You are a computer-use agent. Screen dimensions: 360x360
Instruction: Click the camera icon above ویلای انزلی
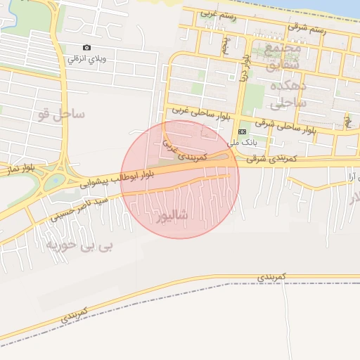tap(86, 48)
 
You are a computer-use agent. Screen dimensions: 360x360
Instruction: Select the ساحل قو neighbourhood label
tap(63, 112)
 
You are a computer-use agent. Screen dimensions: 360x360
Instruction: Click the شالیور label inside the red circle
tap(169, 214)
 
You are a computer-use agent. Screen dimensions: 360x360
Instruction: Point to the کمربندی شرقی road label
tap(271, 160)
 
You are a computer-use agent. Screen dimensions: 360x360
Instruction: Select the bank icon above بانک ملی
tap(243, 131)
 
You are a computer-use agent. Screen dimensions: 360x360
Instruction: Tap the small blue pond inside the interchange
tap(55, 180)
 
